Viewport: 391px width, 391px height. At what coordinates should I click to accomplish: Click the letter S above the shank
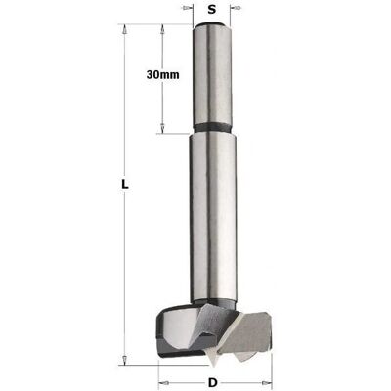coord(212,10)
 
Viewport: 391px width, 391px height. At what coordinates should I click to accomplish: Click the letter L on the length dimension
coord(124,185)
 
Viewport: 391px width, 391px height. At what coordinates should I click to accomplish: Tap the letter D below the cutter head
coord(212,382)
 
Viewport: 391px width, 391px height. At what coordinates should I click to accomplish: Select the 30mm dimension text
coord(162,75)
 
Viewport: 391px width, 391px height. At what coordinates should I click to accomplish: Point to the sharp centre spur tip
coord(213,368)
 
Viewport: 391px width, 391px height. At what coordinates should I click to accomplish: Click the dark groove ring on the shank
coord(213,127)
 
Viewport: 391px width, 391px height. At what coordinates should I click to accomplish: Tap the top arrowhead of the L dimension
coord(124,29)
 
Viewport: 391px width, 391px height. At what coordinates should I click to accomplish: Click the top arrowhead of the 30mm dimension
coord(162,29)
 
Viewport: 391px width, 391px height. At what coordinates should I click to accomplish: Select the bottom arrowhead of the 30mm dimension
coord(162,128)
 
